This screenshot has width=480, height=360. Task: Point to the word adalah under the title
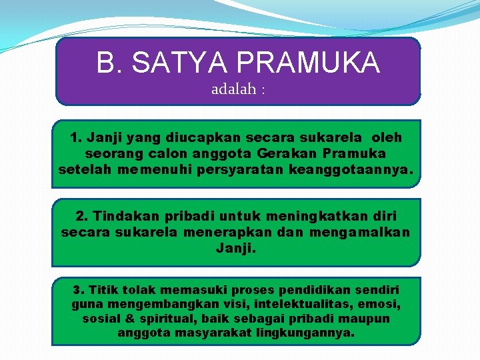(233, 89)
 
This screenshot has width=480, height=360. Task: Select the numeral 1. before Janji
(76, 138)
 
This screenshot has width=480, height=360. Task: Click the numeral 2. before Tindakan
(82, 217)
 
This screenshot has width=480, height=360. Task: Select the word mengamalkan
(368, 233)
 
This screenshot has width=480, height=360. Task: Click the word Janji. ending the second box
(236, 249)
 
